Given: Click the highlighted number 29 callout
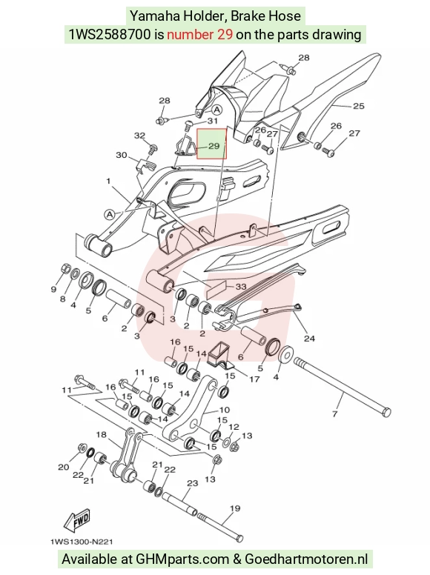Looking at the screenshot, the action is point(214,146).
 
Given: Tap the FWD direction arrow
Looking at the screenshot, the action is point(77,522).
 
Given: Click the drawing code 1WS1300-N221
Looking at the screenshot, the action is point(82,542).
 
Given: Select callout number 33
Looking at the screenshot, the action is point(241,287).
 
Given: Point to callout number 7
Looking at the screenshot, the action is point(334,413).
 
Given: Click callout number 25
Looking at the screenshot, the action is point(358,106).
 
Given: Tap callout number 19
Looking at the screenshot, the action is point(235,508).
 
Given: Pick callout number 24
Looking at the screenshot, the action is point(309,338).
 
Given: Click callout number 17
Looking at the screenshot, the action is point(254,379).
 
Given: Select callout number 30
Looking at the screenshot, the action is point(122,155).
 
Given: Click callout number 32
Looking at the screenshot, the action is point(139,136).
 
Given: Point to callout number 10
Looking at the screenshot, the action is point(224,410).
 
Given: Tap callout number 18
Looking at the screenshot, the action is point(102,434).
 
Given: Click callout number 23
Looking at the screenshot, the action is point(192,483).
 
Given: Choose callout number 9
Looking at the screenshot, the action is point(53,289).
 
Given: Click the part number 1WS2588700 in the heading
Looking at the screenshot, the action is point(110,35).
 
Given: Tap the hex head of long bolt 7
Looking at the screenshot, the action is point(386,412).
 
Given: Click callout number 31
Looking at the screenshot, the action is point(213,121).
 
